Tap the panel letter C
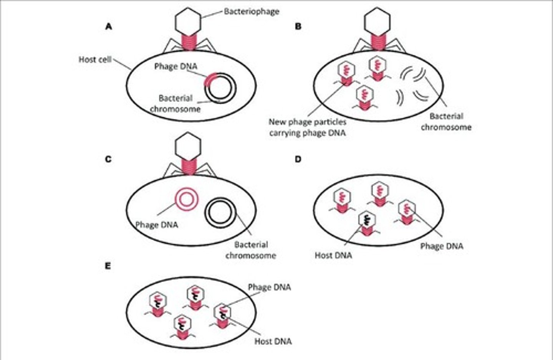(108, 159)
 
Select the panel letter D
(298, 159)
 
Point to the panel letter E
(108, 266)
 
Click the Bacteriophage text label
(252, 11)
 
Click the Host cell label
(95, 59)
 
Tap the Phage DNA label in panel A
(176, 66)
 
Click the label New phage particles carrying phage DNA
(308, 128)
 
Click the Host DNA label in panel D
(333, 255)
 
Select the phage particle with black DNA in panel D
(367, 224)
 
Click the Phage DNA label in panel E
(269, 287)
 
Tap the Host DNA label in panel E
(273, 341)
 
